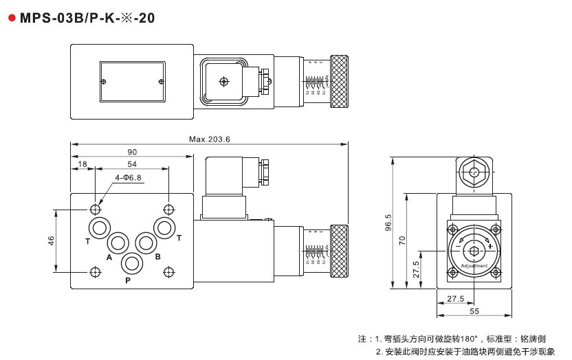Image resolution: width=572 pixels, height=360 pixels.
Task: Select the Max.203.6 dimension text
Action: (209, 139)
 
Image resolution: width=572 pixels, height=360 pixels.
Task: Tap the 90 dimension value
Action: (132, 152)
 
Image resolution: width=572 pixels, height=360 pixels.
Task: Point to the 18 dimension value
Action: (82, 164)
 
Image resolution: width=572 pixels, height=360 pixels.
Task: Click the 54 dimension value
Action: (132, 164)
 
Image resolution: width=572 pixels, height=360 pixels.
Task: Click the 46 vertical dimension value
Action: (50, 240)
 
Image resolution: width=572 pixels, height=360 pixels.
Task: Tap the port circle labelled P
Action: (131, 263)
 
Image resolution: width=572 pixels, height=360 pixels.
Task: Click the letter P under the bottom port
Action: (128, 280)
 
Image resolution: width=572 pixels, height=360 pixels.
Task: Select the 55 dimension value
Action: (474, 311)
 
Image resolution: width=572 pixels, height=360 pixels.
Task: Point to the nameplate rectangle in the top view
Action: (132, 81)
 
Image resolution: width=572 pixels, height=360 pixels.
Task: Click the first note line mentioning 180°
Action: (452, 339)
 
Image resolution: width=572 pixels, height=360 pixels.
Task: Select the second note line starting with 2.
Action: (465, 351)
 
